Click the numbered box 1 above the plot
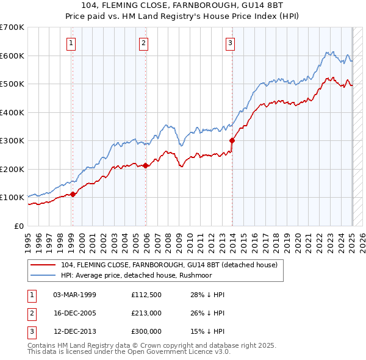coord(72,43)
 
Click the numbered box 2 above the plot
coord(143,43)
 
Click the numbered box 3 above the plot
coord(230,43)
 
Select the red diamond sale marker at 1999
coord(73,194)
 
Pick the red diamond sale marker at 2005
coord(146,165)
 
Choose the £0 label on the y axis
coord(18,226)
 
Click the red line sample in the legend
coord(44,265)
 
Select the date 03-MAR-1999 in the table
coord(75,295)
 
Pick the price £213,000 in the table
coord(146,313)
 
